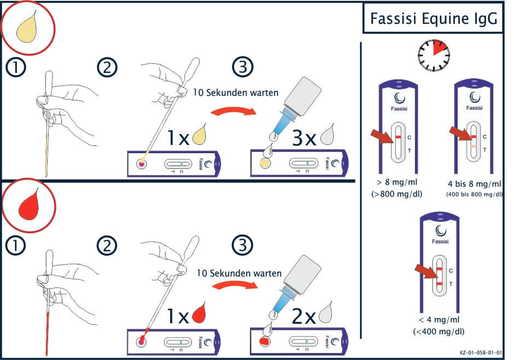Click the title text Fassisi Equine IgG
434,19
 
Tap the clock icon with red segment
434,55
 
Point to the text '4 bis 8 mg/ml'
474,184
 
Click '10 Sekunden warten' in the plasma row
236,92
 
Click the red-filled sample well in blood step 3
265,341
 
